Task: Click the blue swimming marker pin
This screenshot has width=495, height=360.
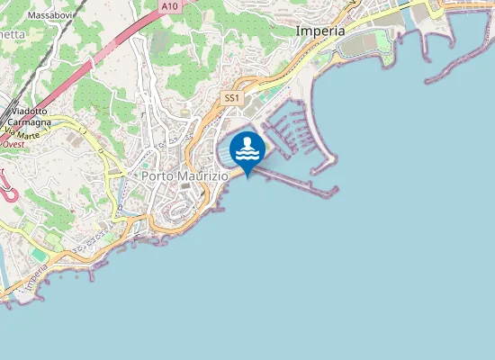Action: click(247, 151)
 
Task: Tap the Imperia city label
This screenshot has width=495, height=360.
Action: click(319, 31)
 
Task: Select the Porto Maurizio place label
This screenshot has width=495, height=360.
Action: click(184, 176)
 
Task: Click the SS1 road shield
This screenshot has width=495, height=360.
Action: click(232, 97)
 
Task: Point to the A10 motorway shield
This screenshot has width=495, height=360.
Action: click(169, 6)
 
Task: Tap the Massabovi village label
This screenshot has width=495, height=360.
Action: click(50, 15)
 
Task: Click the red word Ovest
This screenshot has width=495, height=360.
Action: click(13, 143)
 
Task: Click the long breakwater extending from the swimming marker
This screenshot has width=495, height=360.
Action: click(297, 183)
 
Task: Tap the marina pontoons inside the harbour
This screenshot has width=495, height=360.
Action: click(288, 135)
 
